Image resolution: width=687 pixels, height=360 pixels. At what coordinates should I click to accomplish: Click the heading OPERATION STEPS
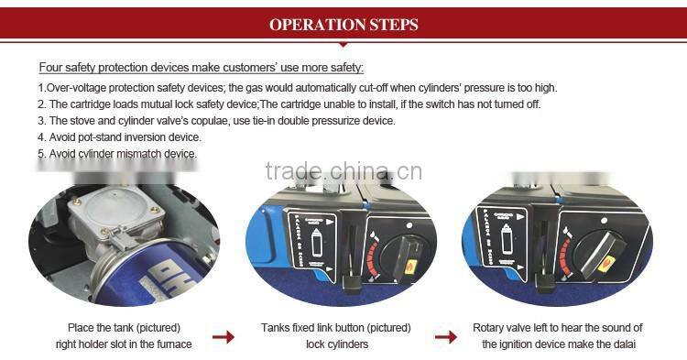(x=343, y=25)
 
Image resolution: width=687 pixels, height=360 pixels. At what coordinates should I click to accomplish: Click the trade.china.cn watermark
(x=343, y=171)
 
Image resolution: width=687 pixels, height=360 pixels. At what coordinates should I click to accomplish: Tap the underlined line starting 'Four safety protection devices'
(x=201, y=68)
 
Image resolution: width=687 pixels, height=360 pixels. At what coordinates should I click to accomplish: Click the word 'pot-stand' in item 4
(x=96, y=137)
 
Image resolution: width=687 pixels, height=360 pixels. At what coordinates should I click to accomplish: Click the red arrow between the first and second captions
(x=224, y=337)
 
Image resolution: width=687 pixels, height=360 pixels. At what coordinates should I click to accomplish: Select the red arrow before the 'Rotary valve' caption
(x=446, y=337)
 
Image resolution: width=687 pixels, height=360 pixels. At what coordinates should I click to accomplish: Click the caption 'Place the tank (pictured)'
(x=124, y=327)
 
